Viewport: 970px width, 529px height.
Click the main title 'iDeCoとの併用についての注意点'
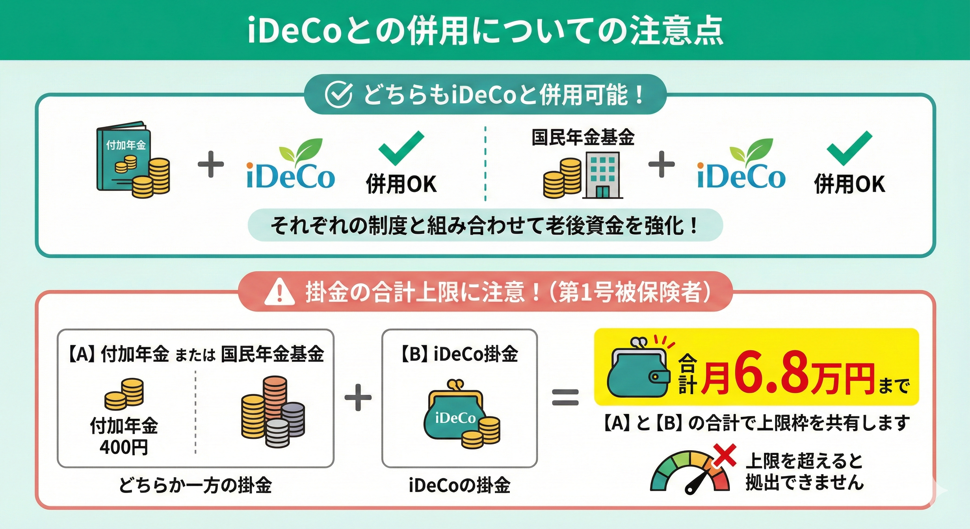coord(485,30)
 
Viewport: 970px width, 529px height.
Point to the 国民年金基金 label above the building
coord(583,137)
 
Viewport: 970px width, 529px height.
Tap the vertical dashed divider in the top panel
coord(485,164)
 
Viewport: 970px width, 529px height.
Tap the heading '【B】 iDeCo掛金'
coord(460,354)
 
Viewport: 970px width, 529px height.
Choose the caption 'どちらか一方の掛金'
coord(195,485)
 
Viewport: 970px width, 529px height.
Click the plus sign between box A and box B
coord(358,397)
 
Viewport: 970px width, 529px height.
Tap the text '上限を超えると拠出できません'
coord(804,471)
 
